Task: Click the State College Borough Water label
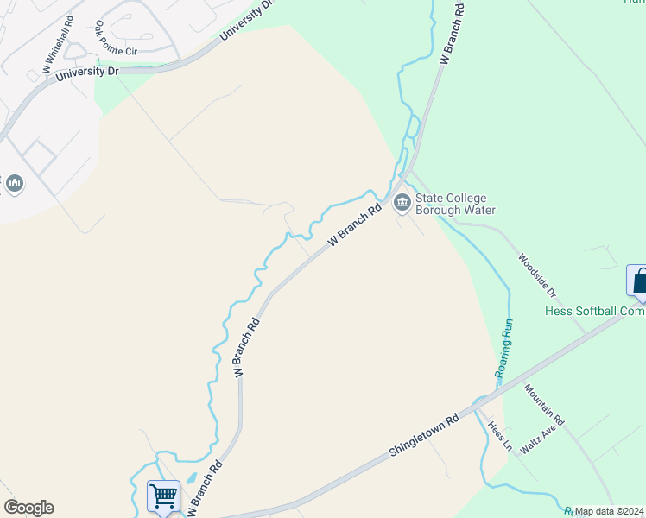tap(455, 204)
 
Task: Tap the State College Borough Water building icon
tap(402, 204)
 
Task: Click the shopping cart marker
tap(163, 496)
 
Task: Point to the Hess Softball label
tap(595, 312)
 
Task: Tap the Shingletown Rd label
tap(423, 439)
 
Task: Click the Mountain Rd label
tap(543, 405)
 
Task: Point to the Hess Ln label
tap(499, 437)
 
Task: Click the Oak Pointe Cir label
tap(116, 39)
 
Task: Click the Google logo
tap(28, 508)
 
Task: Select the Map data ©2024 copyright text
tap(610, 511)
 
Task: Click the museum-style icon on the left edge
tap(15, 184)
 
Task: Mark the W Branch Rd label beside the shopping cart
tap(204, 489)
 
